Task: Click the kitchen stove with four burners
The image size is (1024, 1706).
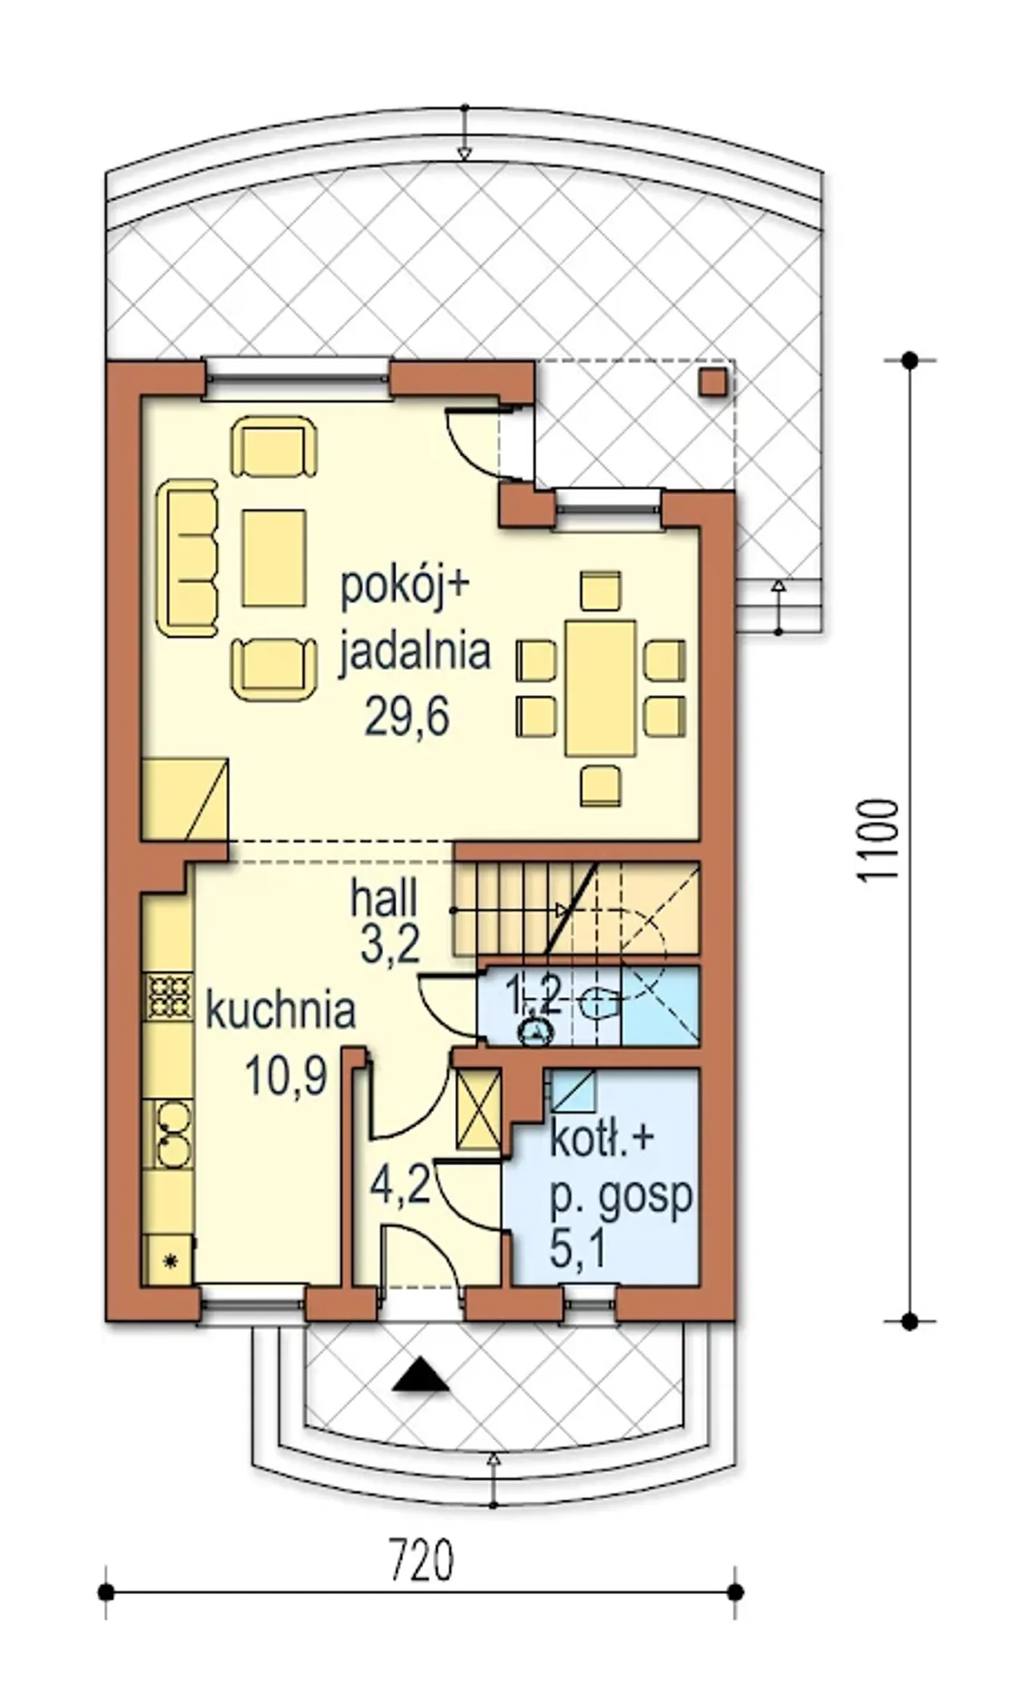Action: tap(168, 997)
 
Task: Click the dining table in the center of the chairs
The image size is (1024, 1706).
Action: tap(601, 688)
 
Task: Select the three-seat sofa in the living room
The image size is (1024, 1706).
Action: tap(187, 558)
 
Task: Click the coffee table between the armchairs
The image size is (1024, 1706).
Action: tap(274, 558)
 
